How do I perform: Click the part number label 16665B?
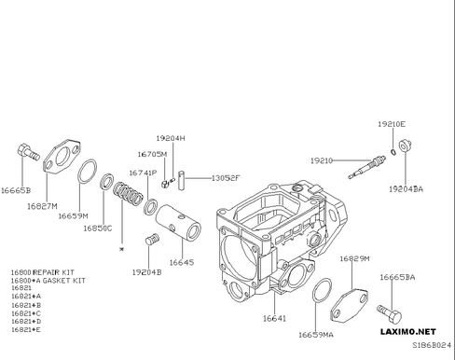tap(16, 190)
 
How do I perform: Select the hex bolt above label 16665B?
tap(28, 152)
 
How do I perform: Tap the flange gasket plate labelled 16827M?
tap(62, 157)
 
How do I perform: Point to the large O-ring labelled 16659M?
tap(87, 172)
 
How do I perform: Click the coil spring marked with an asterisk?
tap(128, 193)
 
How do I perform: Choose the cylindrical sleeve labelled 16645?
tap(178, 222)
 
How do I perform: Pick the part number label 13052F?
tap(226, 178)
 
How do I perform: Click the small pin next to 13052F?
tap(182, 180)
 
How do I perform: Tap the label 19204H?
tap(171, 138)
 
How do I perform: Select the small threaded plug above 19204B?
tap(152, 239)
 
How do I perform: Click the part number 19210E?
tap(392, 124)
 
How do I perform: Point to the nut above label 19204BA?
tap(405, 145)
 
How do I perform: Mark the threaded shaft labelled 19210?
tap(366, 167)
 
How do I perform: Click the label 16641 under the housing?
tap(274, 318)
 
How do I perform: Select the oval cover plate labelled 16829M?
tap(350, 305)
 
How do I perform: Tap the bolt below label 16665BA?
tap(389, 313)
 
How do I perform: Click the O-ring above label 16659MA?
tap(322, 290)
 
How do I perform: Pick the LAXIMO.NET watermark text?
tap(408, 332)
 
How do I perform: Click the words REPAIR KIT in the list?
tap(54, 272)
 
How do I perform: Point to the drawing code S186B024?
tap(432, 345)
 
